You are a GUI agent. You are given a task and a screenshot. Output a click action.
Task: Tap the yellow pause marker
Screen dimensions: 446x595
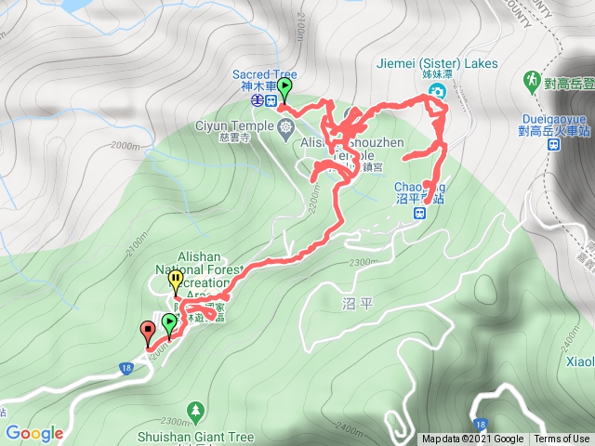tap(175, 277)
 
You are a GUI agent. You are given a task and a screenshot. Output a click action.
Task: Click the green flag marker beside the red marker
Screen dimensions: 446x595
tap(169, 323)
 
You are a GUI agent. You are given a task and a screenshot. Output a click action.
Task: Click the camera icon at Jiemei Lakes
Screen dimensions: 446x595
tap(436, 90)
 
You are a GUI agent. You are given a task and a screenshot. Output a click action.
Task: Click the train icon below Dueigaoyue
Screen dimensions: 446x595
tap(552, 144)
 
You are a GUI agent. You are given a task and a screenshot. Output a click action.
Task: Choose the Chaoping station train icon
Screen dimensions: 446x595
tap(420, 212)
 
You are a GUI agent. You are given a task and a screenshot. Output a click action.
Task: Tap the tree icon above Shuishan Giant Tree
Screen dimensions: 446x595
tap(195, 409)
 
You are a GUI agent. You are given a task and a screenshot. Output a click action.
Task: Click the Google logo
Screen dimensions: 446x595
tap(33, 433)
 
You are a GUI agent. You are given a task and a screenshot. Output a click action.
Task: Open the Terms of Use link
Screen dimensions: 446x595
tap(562, 439)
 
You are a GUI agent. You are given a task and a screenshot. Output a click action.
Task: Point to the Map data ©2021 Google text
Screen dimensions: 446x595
tap(471, 439)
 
